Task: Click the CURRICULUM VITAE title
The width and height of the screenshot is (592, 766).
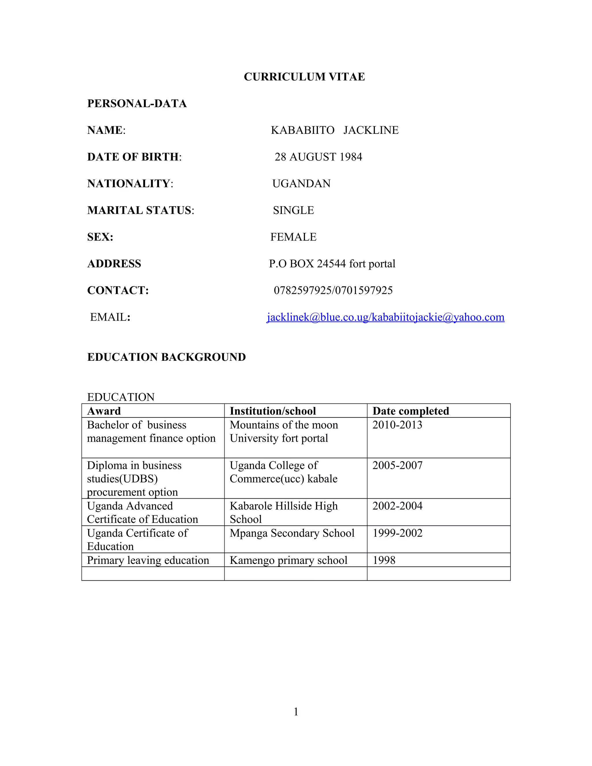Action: [304, 77]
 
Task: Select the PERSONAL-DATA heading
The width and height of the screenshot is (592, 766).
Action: [137, 103]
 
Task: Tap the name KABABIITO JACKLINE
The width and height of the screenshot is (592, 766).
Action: [334, 130]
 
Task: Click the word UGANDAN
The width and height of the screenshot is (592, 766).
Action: [301, 184]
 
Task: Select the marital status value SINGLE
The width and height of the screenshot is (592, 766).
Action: [293, 210]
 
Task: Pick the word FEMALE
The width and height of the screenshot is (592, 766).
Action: [293, 237]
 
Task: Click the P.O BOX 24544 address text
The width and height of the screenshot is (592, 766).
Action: [332, 263]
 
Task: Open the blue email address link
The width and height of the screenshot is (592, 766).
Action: [385, 317]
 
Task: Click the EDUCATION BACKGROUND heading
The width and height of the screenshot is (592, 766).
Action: [166, 357]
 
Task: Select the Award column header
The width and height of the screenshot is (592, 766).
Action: [104, 411]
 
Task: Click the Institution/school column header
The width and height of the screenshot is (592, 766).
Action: [273, 411]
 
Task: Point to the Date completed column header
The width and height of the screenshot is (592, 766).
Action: [410, 411]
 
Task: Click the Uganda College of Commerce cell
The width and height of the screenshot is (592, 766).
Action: [283, 472]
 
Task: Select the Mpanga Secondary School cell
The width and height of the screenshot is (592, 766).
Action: [292, 533]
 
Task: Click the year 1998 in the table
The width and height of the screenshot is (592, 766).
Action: [384, 560]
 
